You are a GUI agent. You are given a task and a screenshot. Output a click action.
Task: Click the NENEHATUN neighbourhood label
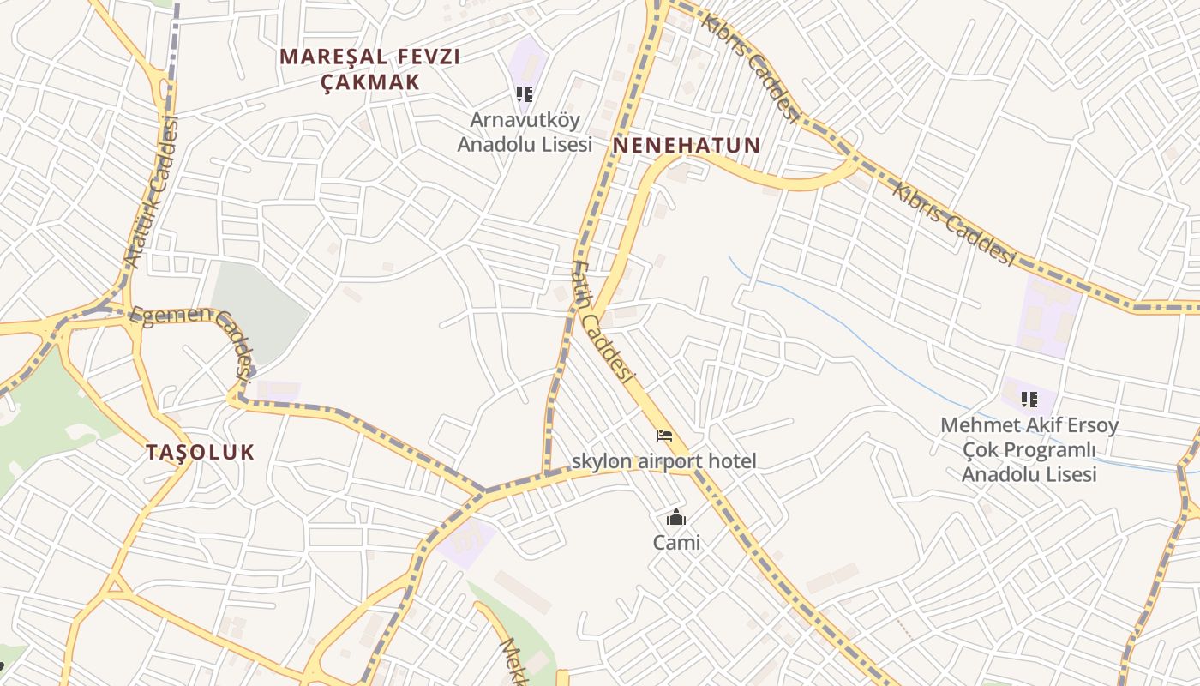[x=686, y=145]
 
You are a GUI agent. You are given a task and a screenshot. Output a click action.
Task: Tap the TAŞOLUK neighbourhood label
[x=200, y=452]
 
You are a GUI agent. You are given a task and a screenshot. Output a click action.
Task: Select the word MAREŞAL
[x=325, y=57]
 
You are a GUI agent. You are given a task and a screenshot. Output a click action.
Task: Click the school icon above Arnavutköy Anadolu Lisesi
[x=524, y=93]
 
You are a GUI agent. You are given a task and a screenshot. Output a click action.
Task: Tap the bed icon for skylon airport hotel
[x=664, y=436]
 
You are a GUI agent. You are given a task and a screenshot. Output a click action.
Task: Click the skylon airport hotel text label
[x=663, y=461]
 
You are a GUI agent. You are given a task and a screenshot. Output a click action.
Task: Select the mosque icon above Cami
[x=676, y=517]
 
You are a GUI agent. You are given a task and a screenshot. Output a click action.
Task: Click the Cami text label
[x=676, y=542]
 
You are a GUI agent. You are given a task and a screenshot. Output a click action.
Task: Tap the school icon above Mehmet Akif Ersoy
[x=1029, y=399]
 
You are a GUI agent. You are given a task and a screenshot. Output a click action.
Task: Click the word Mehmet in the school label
[x=976, y=425]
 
